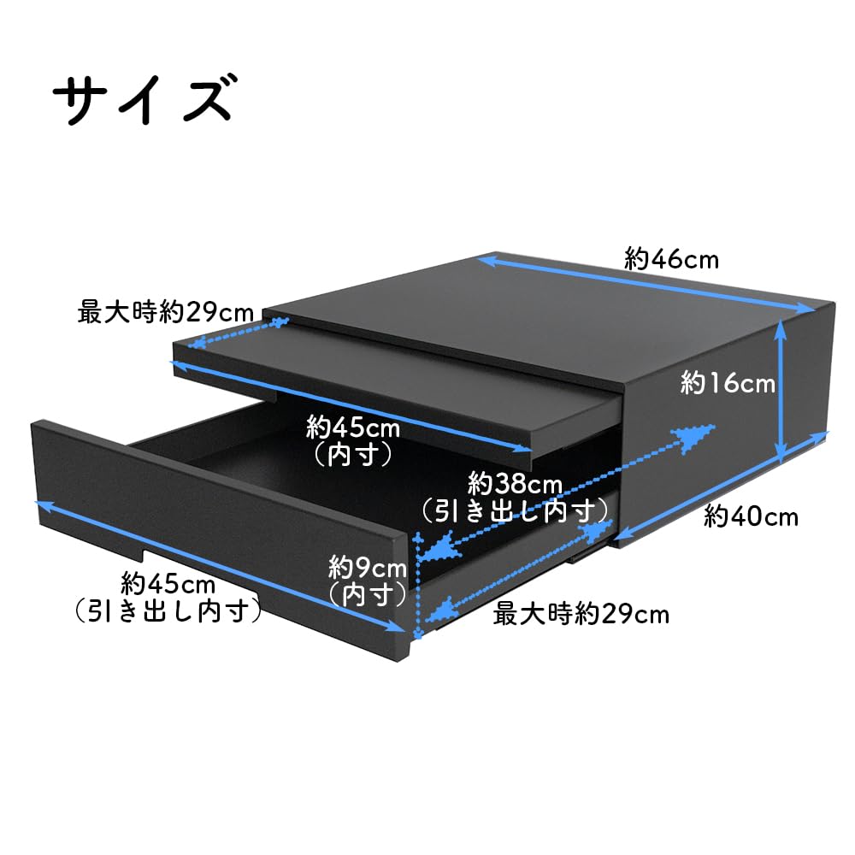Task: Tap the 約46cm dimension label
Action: (671, 258)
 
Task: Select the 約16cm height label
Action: (728, 384)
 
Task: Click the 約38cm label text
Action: (514, 485)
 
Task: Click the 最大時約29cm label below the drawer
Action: (581, 613)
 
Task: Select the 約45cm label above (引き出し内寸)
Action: (168, 585)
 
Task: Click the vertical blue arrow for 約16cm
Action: (781, 388)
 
